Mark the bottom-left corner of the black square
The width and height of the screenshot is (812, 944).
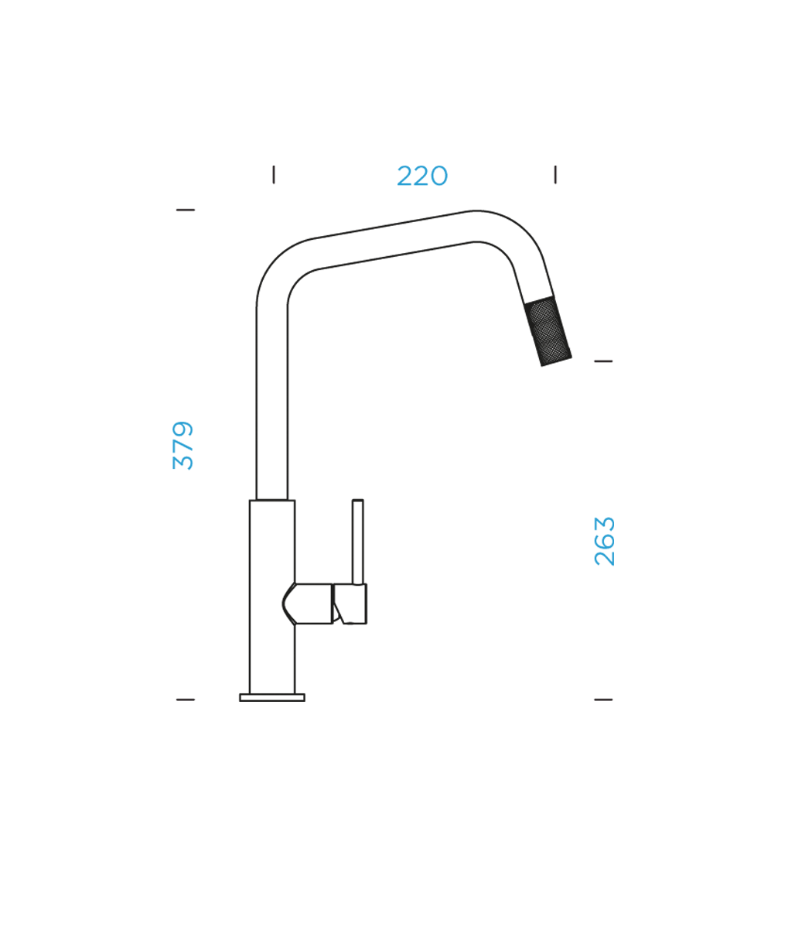[x=172, y=701]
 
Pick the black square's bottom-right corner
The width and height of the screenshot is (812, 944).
[x=613, y=701]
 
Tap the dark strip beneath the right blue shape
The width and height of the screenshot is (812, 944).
[x=565, y=665]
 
